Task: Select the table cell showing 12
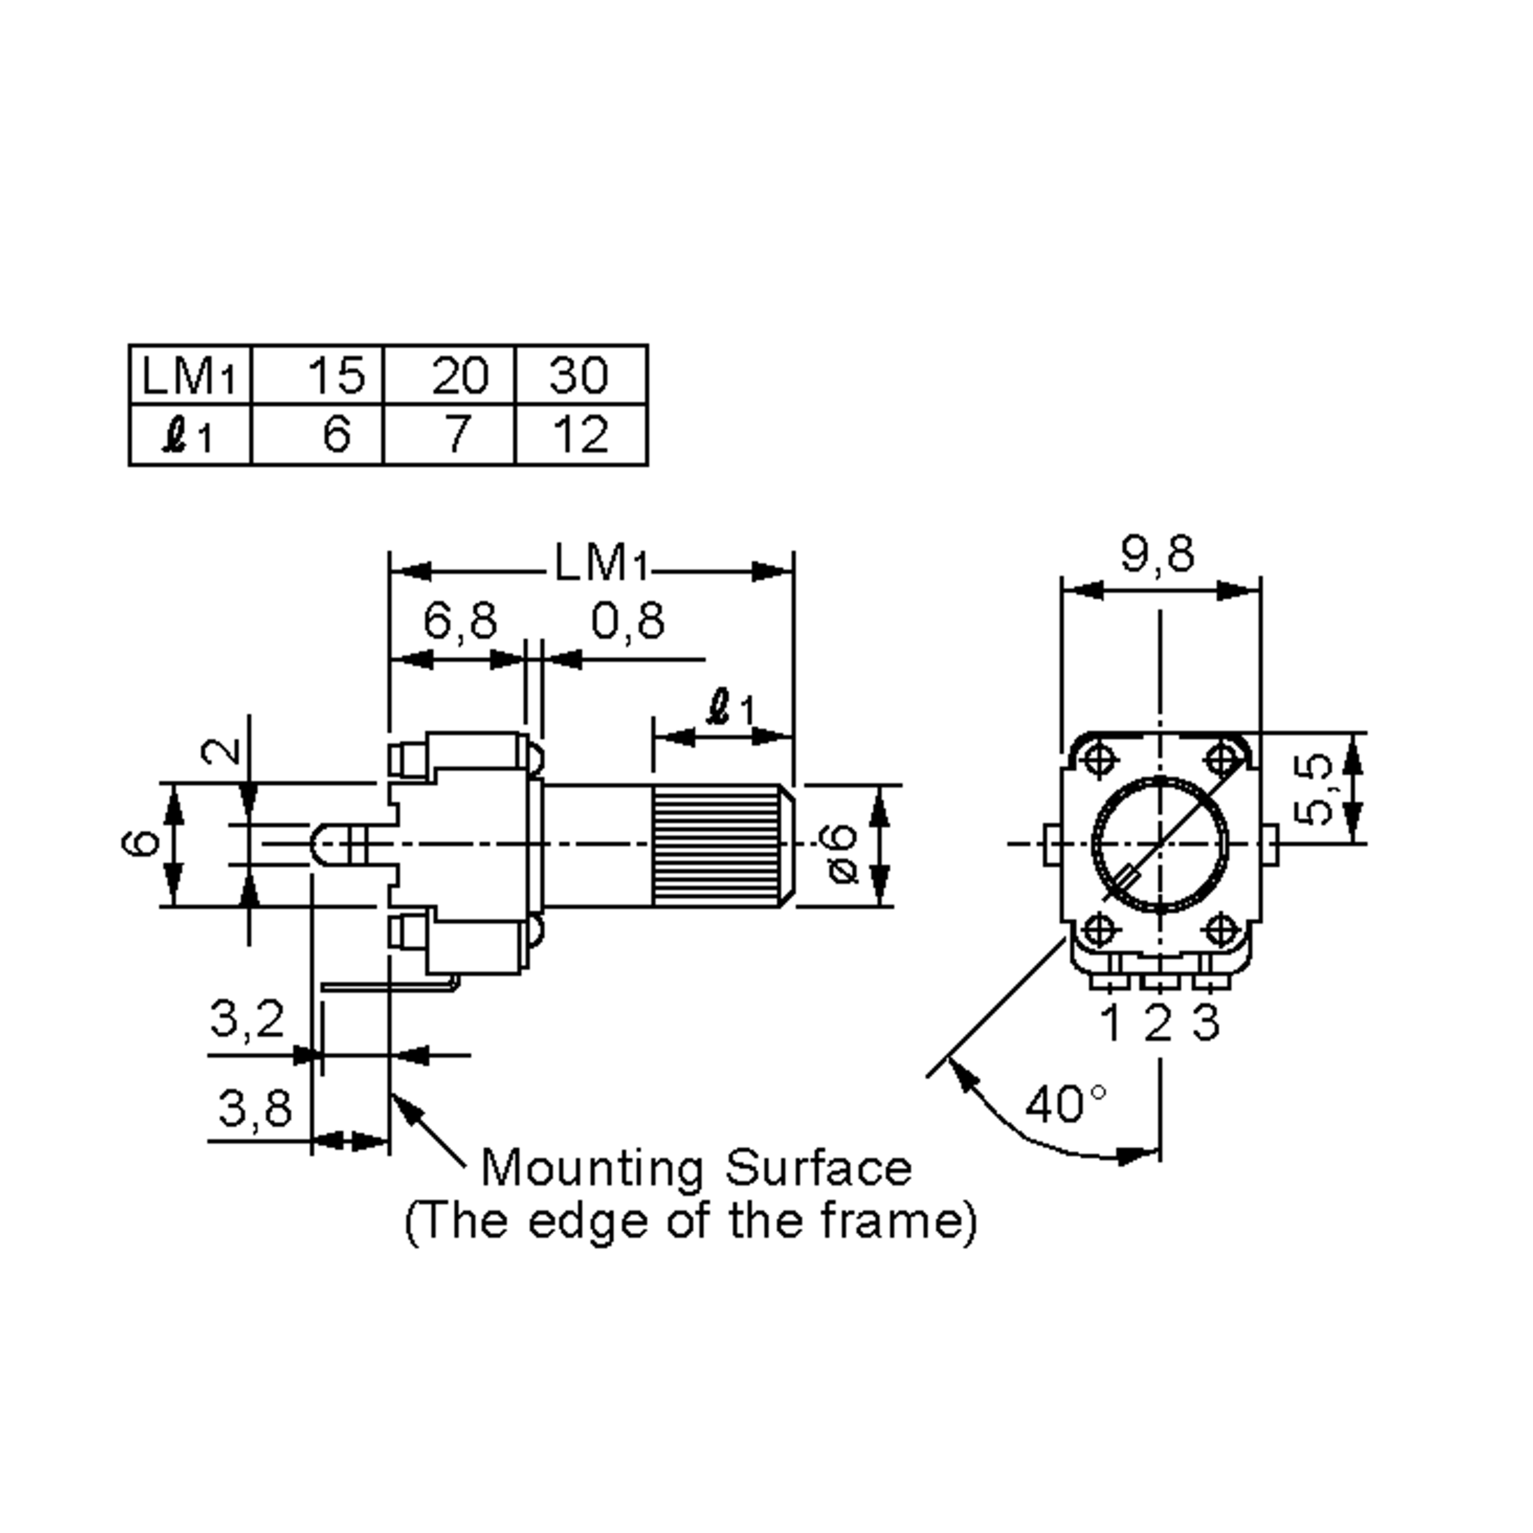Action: pos(582,435)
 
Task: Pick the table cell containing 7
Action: pos(456,435)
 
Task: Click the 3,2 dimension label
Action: pos(247,1019)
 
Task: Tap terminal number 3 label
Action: pos(1205,1023)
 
